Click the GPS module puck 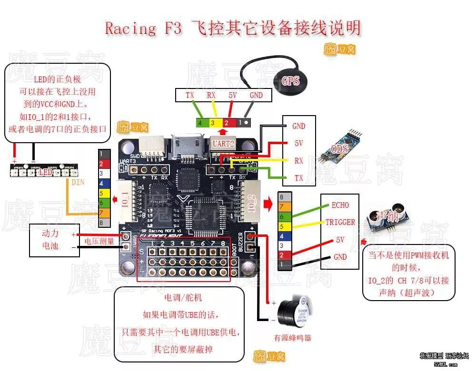coord(290,80)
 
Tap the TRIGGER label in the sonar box coord(340,222)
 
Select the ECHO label coord(340,205)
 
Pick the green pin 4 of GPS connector coord(200,122)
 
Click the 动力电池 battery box coord(50,240)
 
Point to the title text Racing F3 coord(143,28)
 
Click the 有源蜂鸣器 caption coord(292,338)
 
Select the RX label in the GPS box coord(211,95)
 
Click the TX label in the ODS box coord(298,178)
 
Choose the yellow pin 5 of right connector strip coord(282,226)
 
